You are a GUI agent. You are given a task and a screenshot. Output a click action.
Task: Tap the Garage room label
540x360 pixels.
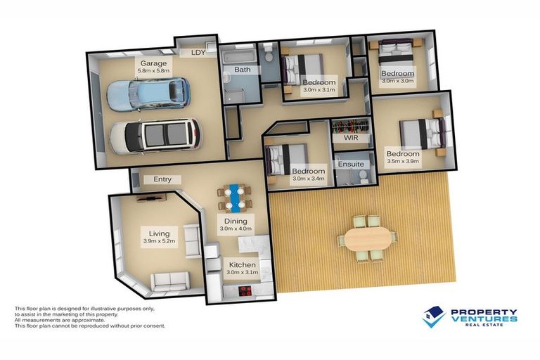click(153, 63)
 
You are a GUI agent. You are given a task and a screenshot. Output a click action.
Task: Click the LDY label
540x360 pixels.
click(198, 52)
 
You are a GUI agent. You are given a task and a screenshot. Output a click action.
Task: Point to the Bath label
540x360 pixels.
click(243, 70)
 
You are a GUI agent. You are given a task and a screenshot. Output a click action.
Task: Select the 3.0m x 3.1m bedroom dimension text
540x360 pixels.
click(319, 91)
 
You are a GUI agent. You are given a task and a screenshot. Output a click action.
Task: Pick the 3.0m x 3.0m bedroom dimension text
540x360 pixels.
click(397, 82)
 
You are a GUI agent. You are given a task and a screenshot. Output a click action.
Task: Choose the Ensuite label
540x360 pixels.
click(349, 162)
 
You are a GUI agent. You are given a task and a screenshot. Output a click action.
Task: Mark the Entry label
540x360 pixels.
click(162, 179)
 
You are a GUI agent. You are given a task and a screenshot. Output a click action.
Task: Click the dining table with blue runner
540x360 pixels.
click(236, 198)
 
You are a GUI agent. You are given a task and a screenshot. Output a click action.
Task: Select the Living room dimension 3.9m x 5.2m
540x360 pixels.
click(154, 242)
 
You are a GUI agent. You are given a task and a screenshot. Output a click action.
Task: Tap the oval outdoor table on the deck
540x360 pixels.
click(366, 239)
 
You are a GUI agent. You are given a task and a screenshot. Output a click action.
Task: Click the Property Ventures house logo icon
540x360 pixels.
click(434, 317)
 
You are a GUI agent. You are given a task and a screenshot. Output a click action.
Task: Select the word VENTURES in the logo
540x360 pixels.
click(484, 319)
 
